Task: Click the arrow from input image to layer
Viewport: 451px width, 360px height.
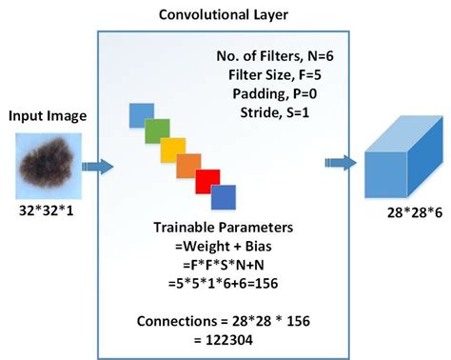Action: [x=98, y=168]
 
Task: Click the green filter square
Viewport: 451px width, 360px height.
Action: [x=157, y=130]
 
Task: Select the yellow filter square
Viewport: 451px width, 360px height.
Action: [x=172, y=149]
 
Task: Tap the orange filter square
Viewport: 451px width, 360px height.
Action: [x=188, y=165]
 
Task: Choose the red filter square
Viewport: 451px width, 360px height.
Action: [x=206, y=182]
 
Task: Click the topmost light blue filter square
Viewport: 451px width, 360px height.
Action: [x=141, y=114]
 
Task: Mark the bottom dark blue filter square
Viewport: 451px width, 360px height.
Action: [x=223, y=198]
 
